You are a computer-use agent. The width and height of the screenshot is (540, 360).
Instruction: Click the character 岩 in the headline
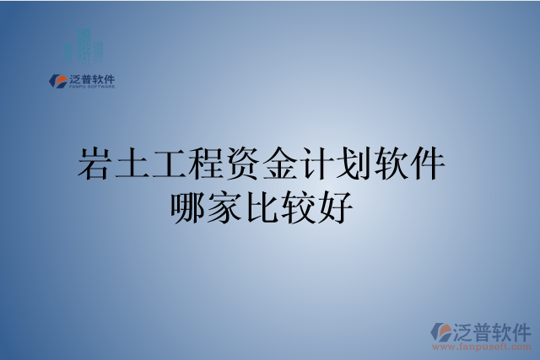(x=94, y=162)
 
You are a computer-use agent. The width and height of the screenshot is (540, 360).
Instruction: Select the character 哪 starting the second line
(x=188, y=207)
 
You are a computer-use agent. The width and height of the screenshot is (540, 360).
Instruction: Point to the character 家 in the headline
(x=225, y=207)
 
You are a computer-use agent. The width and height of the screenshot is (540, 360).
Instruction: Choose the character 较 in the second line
(x=298, y=207)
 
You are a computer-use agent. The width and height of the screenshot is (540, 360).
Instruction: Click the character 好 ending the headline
(x=335, y=207)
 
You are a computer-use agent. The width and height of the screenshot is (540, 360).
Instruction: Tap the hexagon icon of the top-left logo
(x=58, y=81)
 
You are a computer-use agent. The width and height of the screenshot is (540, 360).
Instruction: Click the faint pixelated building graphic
(x=84, y=45)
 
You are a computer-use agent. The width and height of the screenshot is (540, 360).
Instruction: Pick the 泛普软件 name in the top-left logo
(x=91, y=78)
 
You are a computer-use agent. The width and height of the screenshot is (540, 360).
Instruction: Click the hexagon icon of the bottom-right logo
(x=440, y=331)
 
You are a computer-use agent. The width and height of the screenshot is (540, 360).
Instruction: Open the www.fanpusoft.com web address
(x=481, y=346)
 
